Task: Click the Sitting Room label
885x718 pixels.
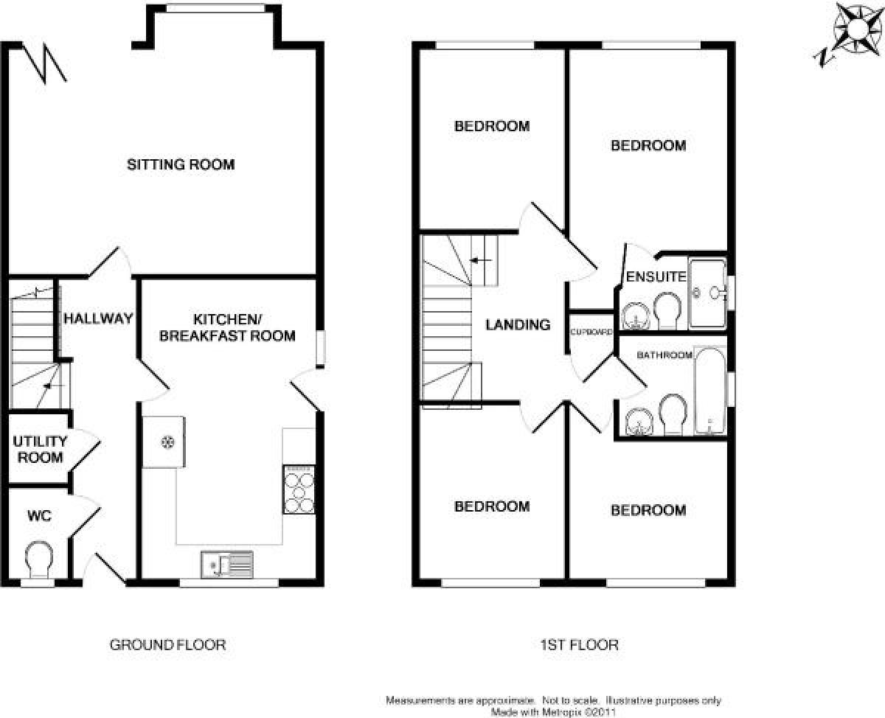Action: coord(181,165)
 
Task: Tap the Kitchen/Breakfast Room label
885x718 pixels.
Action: coord(227,327)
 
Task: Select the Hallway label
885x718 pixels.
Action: coord(99,318)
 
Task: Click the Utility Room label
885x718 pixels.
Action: coord(40,450)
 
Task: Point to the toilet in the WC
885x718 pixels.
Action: coord(39,560)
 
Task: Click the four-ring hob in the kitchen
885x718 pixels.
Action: coord(299,490)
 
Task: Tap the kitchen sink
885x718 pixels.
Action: coord(227,565)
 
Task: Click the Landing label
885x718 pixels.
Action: coord(518,325)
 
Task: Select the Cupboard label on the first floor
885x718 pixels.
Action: coord(591,332)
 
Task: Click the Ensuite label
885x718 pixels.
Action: coord(656,276)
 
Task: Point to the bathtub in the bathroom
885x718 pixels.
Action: coord(710,391)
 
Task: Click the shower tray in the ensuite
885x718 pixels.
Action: coord(707,293)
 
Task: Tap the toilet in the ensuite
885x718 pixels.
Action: coord(667,310)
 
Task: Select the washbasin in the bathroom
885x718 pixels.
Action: coord(639,422)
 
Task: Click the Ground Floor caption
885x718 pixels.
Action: coord(167,645)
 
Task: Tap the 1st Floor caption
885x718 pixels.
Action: coord(579,645)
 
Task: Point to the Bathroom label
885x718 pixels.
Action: coord(664,355)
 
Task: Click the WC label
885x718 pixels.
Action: coord(40,516)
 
